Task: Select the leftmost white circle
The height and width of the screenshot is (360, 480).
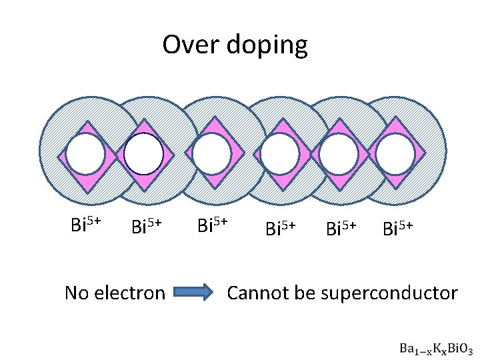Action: coord(85,154)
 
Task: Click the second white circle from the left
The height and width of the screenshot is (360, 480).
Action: coord(144,154)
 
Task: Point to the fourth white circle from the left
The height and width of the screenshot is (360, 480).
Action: coord(279,154)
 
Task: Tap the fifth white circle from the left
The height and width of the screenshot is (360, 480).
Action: coord(339,154)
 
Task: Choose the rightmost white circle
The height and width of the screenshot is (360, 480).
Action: coord(395,154)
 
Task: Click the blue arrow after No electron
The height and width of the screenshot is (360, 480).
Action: coord(194,292)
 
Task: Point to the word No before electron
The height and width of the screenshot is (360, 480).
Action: coord(77,293)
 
